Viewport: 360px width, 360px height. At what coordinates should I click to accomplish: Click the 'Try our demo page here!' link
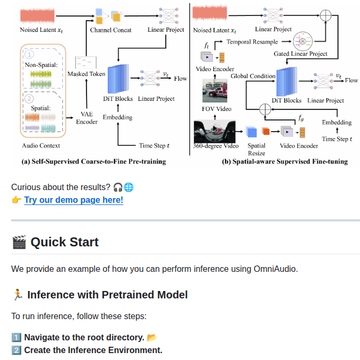(x=74, y=200)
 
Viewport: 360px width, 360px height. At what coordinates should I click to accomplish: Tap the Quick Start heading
(x=65, y=242)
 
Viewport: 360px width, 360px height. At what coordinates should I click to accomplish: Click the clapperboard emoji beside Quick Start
(x=19, y=242)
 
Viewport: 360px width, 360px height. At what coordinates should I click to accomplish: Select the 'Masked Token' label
(x=87, y=74)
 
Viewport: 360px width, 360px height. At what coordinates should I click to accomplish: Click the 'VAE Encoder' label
(x=87, y=118)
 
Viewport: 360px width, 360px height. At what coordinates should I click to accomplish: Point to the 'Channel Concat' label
(x=110, y=30)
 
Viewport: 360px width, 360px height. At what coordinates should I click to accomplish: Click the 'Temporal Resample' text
(x=252, y=42)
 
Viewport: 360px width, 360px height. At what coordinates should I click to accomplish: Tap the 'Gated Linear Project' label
(x=301, y=54)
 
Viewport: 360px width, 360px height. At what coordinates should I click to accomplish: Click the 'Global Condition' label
(x=253, y=76)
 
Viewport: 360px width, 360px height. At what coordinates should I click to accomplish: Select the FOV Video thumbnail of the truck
(x=215, y=91)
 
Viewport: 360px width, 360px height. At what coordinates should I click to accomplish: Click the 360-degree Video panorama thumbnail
(x=215, y=132)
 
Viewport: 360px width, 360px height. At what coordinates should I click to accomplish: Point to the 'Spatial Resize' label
(x=256, y=149)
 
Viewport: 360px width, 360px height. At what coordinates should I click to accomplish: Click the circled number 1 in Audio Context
(x=29, y=55)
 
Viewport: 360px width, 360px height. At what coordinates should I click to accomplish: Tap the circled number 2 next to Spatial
(x=29, y=99)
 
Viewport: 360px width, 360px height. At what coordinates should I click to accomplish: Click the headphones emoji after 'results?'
(x=118, y=187)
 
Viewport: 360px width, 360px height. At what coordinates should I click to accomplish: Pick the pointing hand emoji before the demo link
(x=16, y=200)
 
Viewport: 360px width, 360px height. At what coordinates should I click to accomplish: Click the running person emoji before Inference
(x=18, y=295)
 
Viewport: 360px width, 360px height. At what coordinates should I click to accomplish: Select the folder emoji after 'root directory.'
(x=151, y=338)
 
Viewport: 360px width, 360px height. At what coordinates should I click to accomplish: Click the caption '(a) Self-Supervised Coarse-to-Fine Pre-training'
(x=93, y=161)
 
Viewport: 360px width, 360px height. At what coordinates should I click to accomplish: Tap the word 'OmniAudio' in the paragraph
(x=275, y=269)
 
